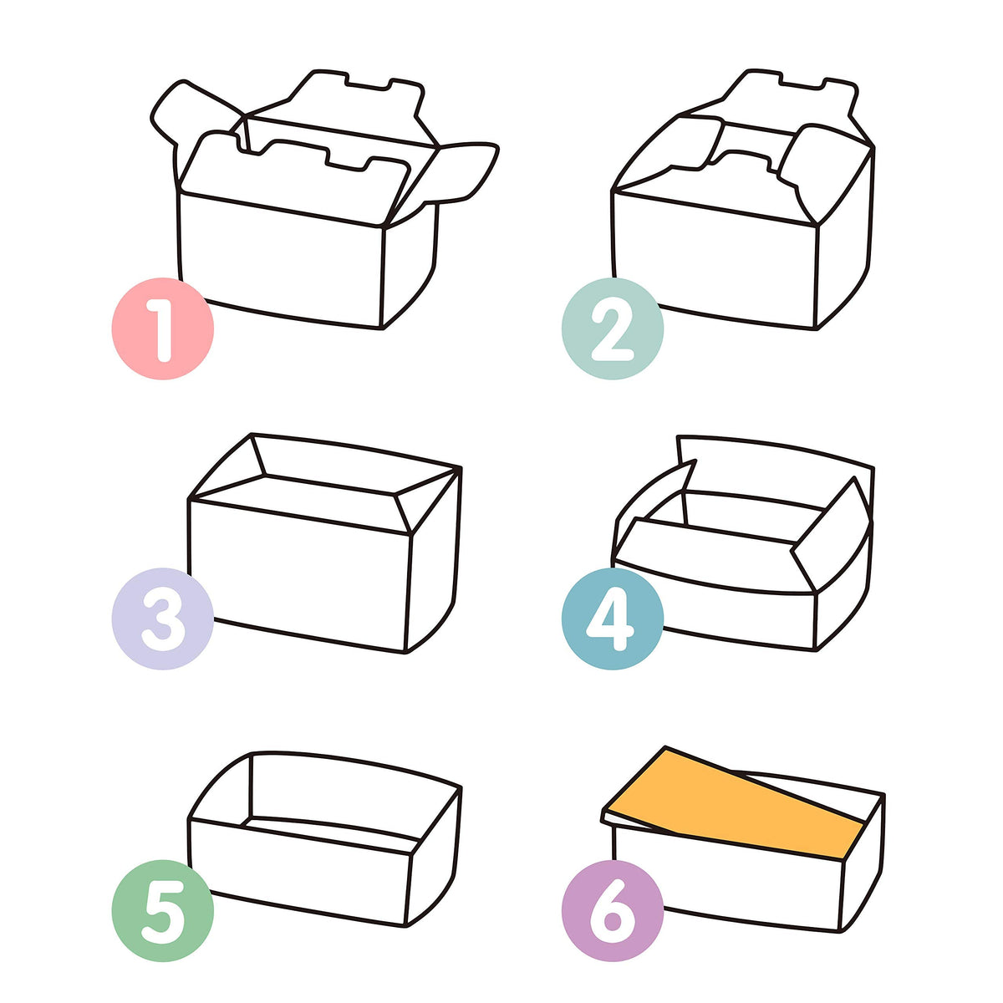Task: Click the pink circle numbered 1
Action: click(x=162, y=328)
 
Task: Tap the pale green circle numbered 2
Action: click(x=612, y=328)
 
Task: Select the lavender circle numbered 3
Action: click(x=162, y=619)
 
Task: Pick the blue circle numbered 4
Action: click(x=612, y=619)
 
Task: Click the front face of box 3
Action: click(x=299, y=575)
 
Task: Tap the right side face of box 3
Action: click(x=435, y=559)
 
